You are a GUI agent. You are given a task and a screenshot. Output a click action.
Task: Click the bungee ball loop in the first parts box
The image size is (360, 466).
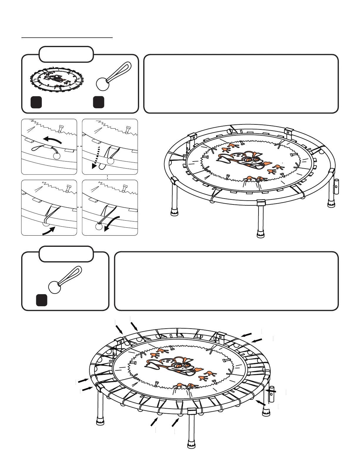tap(113, 77)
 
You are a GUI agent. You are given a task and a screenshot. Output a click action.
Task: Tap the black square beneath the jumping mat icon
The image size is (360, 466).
tap(36, 102)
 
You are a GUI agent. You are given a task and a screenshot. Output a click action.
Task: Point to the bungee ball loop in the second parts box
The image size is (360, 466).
tap(65, 280)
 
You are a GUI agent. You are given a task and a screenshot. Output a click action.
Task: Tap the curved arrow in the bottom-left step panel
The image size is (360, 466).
tap(48, 231)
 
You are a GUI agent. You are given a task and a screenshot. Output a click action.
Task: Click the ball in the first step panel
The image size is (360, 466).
tap(57, 155)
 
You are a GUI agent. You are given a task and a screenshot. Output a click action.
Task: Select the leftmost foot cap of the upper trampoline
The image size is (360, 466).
tap(174, 212)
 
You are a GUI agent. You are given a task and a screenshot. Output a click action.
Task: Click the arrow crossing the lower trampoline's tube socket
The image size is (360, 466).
tap(271, 391)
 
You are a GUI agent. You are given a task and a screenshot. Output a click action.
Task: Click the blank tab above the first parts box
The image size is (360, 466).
tap(66, 54)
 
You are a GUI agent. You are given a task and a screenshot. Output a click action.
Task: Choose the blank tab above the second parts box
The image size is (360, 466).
tap(66, 254)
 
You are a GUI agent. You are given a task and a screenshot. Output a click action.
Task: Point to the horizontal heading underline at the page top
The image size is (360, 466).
tap(67, 38)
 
